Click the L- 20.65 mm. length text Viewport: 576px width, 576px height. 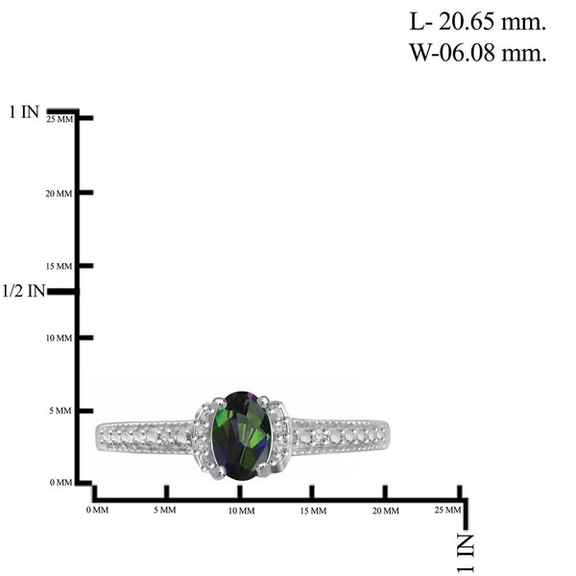[x=477, y=22]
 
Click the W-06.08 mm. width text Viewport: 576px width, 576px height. [x=478, y=53]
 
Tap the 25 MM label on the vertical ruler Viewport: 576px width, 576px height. [x=60, y=119]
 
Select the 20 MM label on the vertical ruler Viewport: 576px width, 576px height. [x=59, y=193]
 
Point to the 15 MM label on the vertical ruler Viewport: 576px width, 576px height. [x=59, y=266]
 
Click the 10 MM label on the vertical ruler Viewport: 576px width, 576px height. [x=59, y=338]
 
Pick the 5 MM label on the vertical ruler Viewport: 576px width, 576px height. [x=61, y=411]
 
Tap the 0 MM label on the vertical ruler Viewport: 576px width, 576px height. [x=61, y=482]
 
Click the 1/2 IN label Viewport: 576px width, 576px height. [x=23, y=291]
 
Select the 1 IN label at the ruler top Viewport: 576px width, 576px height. [x=24, y=112]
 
